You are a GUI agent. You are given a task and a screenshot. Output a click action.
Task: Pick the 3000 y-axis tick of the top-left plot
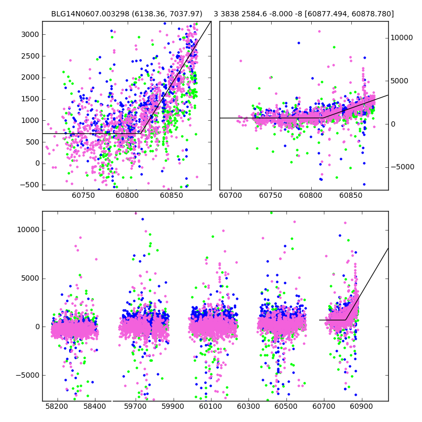click(30, 34)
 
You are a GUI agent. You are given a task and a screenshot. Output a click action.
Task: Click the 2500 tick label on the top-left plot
click(30, 56)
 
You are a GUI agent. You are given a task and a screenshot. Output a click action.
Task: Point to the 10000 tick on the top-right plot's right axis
click(402, 38)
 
